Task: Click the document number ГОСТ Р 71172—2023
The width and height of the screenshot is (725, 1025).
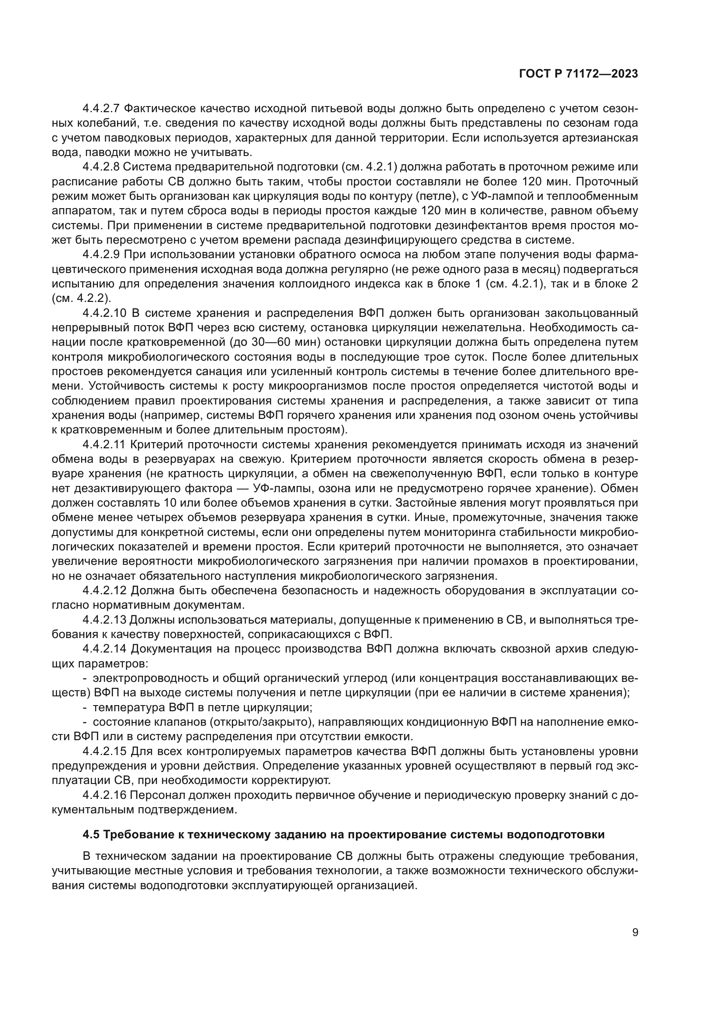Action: pyautogui.click(x=579, y=74)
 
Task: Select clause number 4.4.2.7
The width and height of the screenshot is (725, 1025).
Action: pyautogui.click(x=101, y=109)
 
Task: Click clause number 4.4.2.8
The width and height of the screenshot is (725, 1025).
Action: pyautogui.click(x=101, y=167)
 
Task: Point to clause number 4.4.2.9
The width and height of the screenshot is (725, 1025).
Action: pyautogui.click(x=101, y=255)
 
